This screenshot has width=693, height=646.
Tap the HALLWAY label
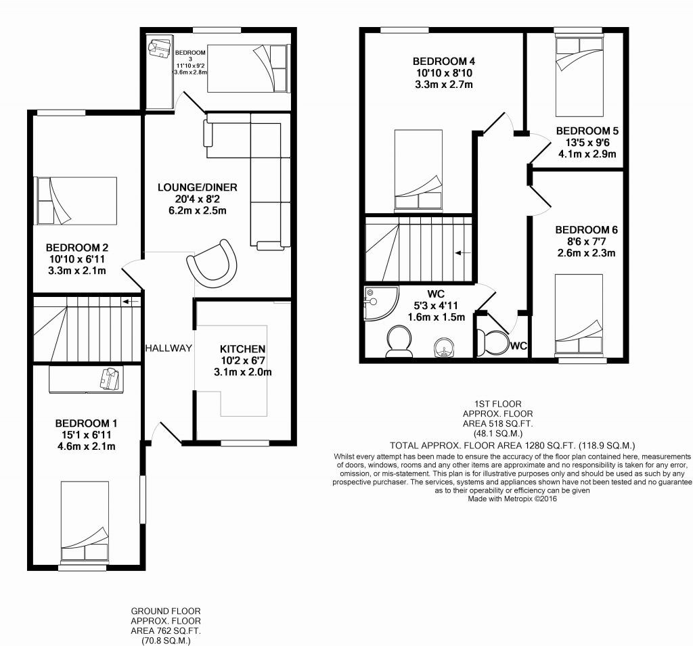(169, 348)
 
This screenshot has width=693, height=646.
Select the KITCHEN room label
(242, 349)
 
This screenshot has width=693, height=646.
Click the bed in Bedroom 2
(76, 200)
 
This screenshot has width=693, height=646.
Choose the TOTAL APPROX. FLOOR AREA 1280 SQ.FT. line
(513, 446)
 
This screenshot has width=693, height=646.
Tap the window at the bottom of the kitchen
(240, 444)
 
